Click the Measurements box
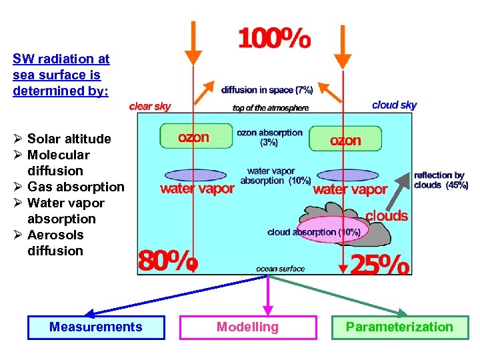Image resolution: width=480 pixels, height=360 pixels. tap(95, 327)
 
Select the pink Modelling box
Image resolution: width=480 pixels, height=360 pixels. tap(248, 327)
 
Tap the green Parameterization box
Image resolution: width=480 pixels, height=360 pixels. tap(399, 327)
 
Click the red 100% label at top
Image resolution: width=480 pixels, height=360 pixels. tap(274, 40)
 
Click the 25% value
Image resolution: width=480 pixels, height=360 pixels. tap(379, 265)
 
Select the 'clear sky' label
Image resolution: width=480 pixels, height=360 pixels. tap(150, 107)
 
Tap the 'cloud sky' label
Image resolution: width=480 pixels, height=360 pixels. tap(394, 105)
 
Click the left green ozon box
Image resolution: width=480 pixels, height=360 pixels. tap(193, 137)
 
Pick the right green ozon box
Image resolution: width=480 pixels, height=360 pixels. tap(345, 139)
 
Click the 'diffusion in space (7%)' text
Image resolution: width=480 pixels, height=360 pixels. tap(267, 89)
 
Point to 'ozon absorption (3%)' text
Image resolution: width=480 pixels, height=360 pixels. tap(269, 137)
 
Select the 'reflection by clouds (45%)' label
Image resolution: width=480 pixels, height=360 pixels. tap(441, 180)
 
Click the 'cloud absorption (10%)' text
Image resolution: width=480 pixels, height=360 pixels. tap(313, 232)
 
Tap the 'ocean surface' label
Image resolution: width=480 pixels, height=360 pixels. tap(280, 269)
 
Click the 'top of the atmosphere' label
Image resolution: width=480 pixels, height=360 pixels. tap(270, 108)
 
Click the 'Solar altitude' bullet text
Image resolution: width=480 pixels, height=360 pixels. tap(69, 139)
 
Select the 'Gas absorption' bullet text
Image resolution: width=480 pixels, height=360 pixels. tap(75, 187)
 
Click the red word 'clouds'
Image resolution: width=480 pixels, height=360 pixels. tap(387, 215)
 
